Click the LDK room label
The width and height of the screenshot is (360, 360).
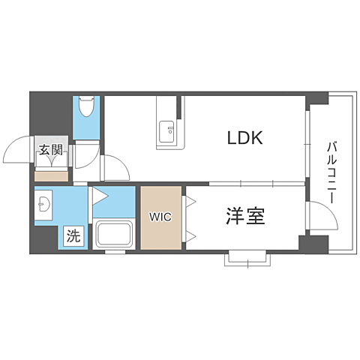[x=244, y=139]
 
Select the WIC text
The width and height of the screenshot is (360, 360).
[x=160, y=217]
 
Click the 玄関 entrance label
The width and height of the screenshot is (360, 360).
[x=50, y=150]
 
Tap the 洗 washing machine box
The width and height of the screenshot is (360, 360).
[x=73, y=235]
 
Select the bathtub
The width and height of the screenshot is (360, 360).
[x=113, y=235]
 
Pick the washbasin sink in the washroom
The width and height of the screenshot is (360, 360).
[x=44, y=203]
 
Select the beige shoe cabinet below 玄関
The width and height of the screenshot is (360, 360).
[x=51, y=176]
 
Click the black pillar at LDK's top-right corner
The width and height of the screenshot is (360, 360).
[x=316, y=98]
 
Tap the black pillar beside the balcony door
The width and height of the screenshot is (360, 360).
[x=311, y=244]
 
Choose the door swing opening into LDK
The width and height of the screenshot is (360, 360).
[x=115, y=166]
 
